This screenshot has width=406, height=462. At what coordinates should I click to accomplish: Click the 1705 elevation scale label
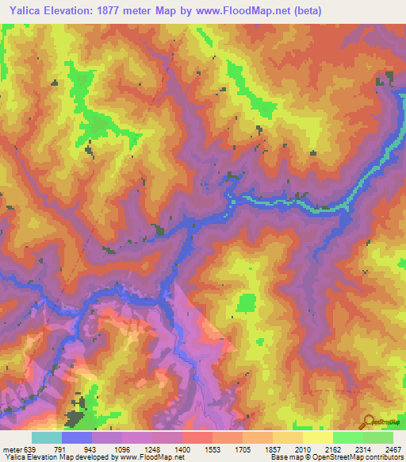pyautogui.click(x=243, y=449)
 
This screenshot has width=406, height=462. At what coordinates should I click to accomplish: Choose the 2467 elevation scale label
pyautogui.click(x=393, y=449)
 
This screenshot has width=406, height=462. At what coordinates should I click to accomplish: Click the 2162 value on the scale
pyautogui.click(x=333, y=449)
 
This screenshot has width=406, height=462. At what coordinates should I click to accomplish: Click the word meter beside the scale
pyautogui.click(x=13, y=449)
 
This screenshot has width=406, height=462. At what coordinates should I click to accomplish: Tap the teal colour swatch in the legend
pyautogui.click(x=47, y=437)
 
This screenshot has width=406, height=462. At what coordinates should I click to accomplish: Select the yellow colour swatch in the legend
pyautogui.click(x=317, y=437)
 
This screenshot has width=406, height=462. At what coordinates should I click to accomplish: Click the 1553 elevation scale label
pyautogui.click(x=213, y=449)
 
